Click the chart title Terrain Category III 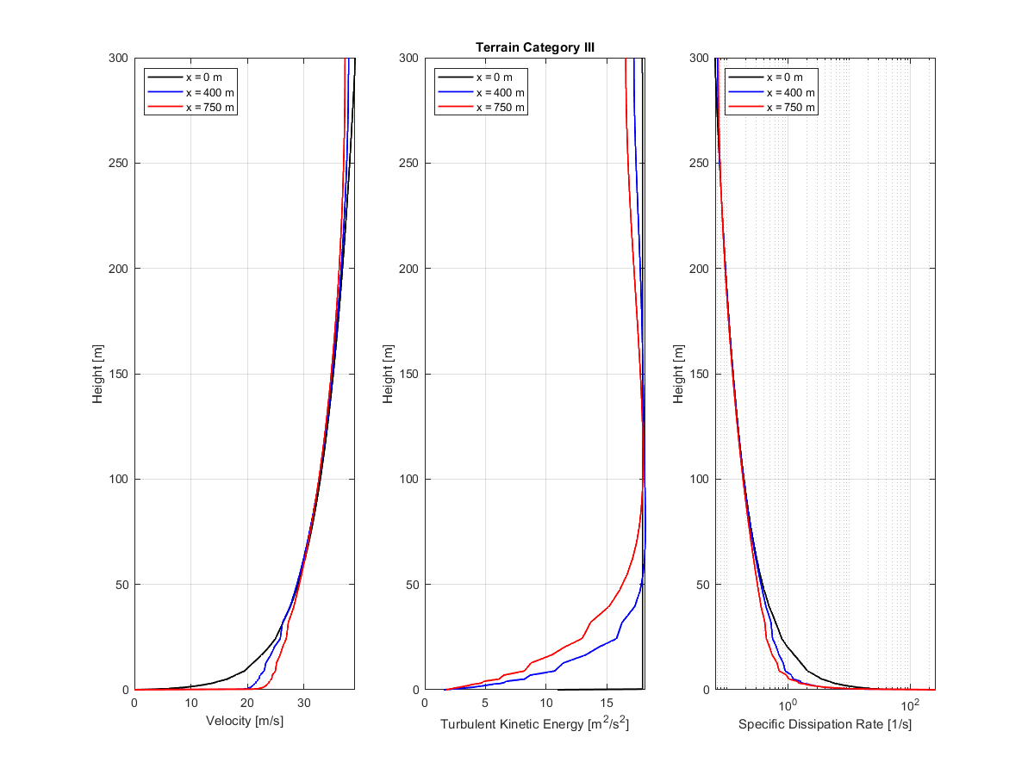point(534,47)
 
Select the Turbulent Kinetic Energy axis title point(534,724)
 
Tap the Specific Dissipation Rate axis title point(825,724)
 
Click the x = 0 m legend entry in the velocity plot point(204,77)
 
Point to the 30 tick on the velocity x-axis point(303,703)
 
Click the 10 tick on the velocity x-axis point(190,703)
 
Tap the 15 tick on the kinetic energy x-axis point(607,703)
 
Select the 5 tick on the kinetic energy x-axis point(485,703)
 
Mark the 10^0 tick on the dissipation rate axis point(788,704)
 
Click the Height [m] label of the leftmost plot point(98,374)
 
